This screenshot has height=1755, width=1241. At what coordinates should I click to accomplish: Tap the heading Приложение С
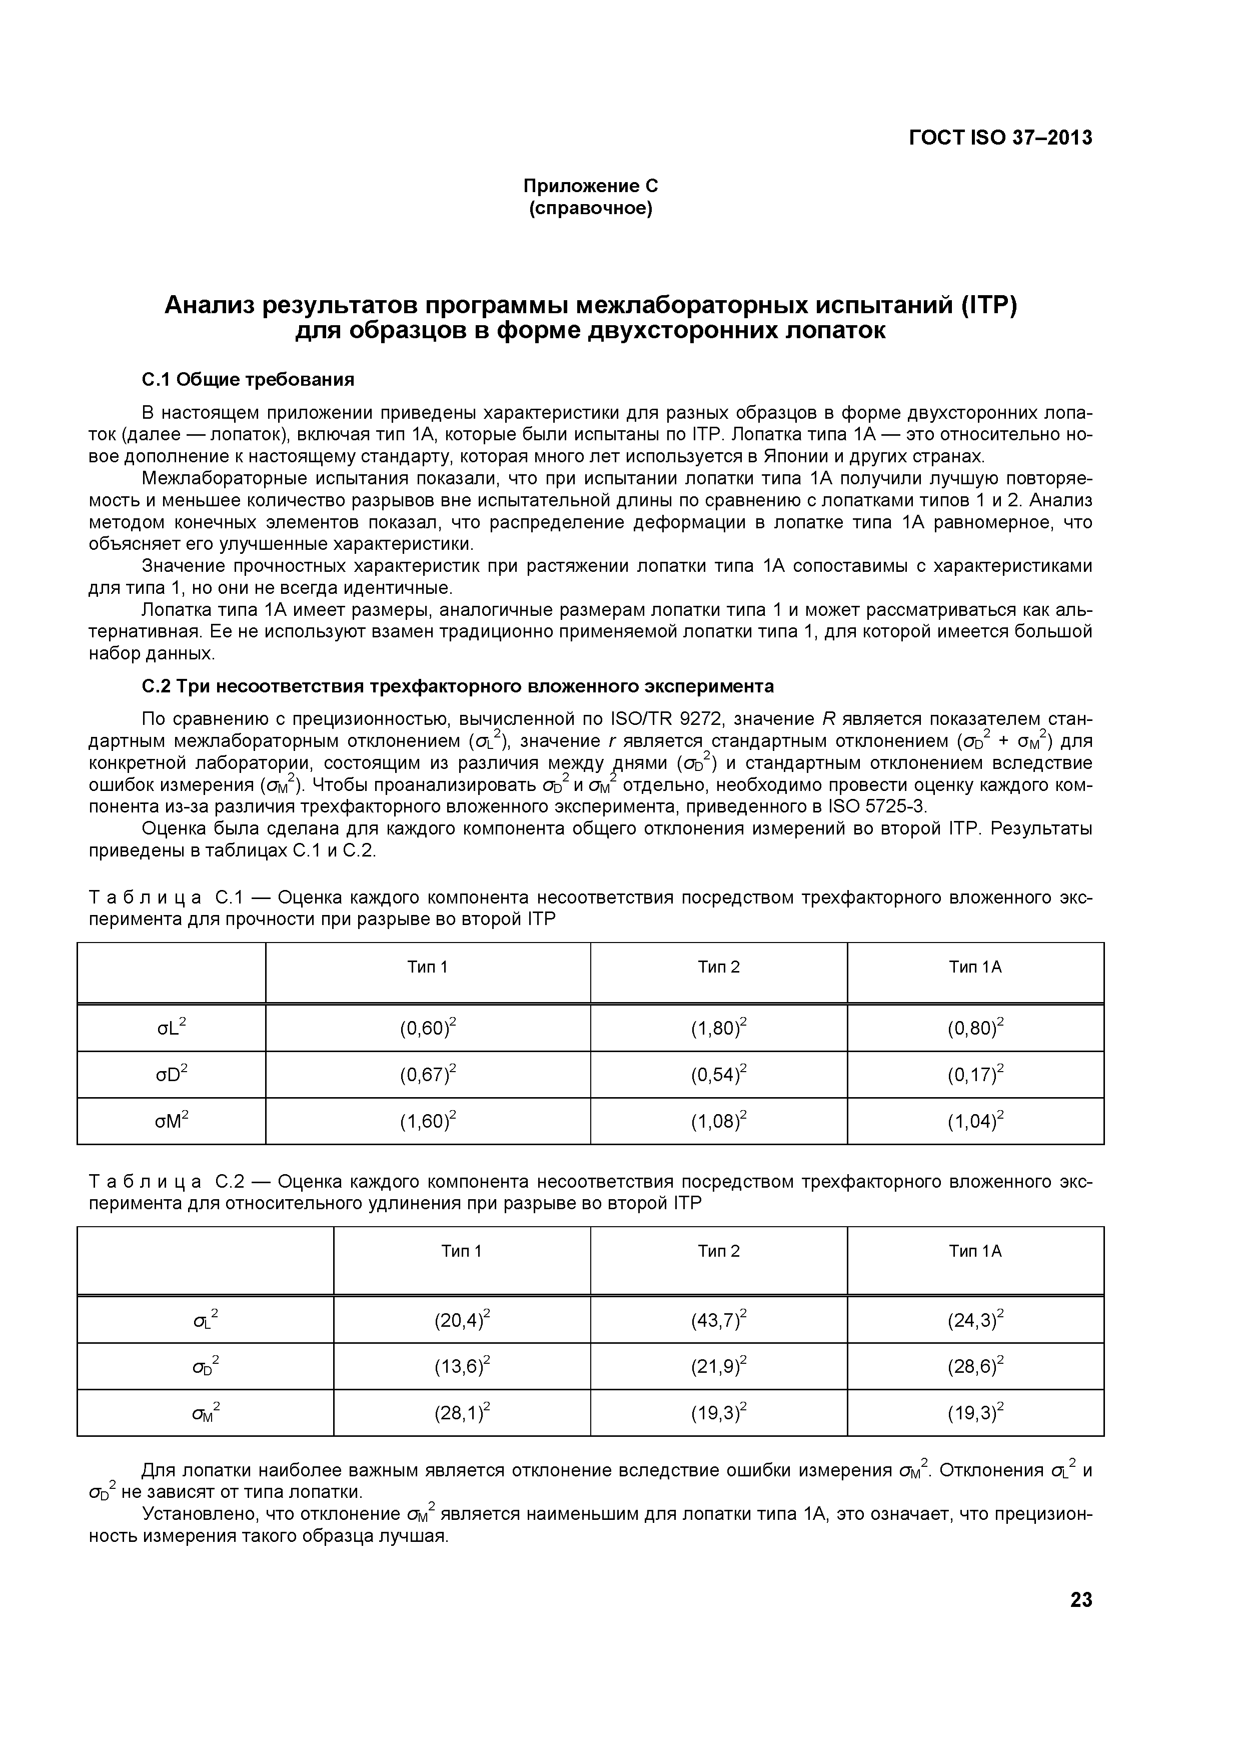tap(590, 186)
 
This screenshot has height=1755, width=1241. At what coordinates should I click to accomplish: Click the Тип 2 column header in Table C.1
tap(718, 967)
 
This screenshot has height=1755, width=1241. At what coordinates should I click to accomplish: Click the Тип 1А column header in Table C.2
tap(975, 1251)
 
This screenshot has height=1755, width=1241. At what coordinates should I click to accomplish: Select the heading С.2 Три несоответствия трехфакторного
tap(458, 686)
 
